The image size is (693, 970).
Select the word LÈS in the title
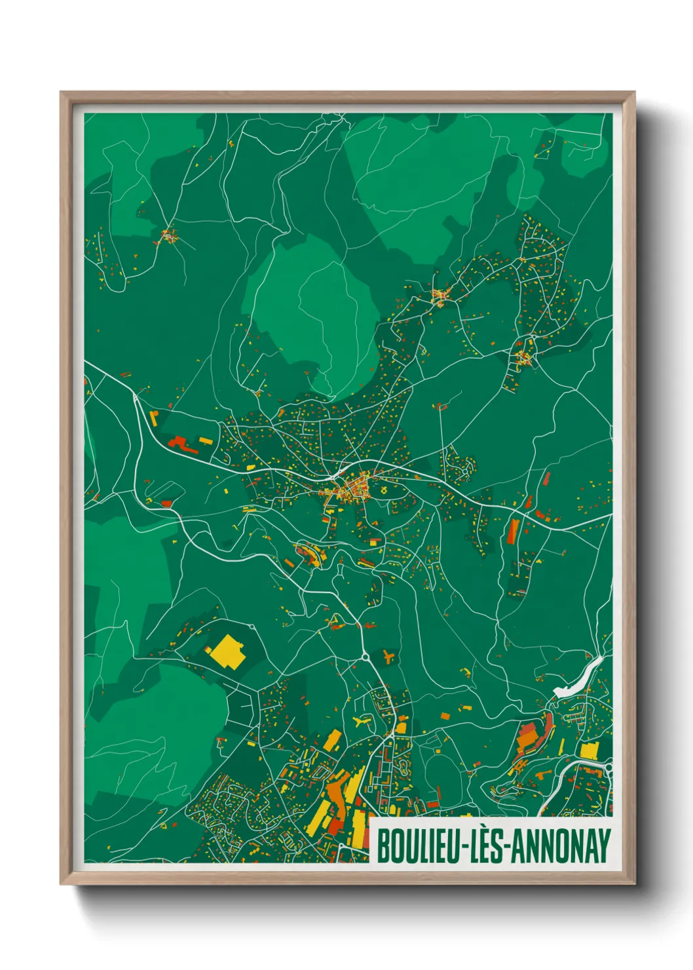(487, 846)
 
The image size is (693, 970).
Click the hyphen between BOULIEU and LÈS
(465, 847)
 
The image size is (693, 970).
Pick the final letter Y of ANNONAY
(604, 846)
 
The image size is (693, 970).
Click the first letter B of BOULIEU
(383, 846)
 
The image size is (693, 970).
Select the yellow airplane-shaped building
(361, 722)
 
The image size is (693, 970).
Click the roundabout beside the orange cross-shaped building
(365, 655)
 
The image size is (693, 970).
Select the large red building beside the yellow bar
(183, 444)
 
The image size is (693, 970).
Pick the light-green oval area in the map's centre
(311, 315)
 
